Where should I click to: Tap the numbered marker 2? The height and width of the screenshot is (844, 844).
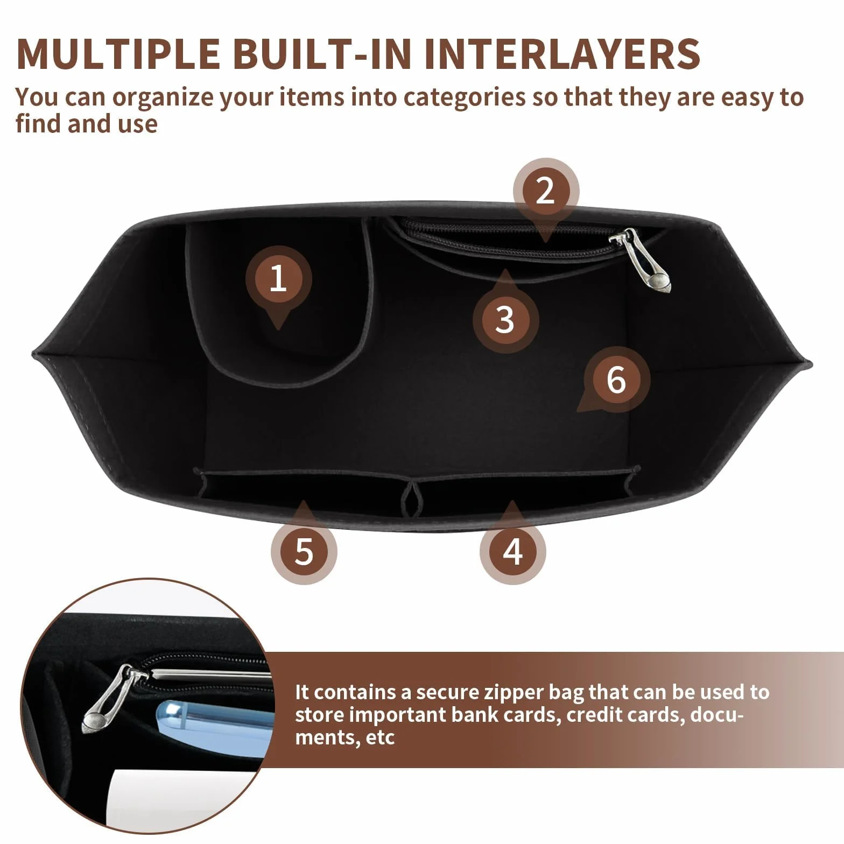(546, 191)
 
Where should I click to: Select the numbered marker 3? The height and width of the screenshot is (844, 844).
(505, 320)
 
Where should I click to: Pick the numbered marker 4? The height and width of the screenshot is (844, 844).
(513, 551)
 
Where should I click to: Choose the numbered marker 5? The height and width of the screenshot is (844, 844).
(304, 551)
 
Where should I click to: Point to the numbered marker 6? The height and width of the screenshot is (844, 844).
(617, 380)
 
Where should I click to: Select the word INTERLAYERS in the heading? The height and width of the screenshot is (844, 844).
(562, 53)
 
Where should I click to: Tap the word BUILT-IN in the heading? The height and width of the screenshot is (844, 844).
(323, 53)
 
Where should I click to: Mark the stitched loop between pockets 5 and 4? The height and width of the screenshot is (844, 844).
(412, 498)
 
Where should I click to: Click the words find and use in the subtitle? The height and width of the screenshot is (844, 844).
(87, 124)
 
